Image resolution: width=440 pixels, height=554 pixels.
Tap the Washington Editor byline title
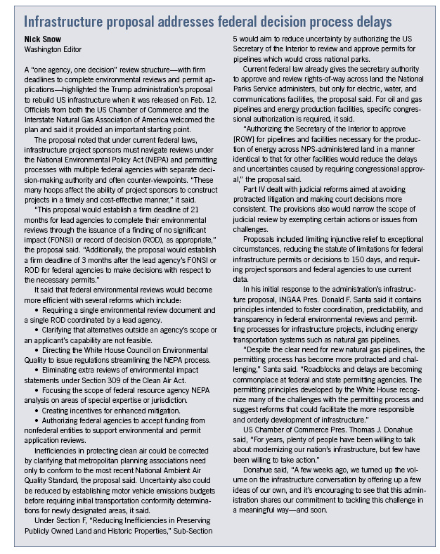53,49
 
